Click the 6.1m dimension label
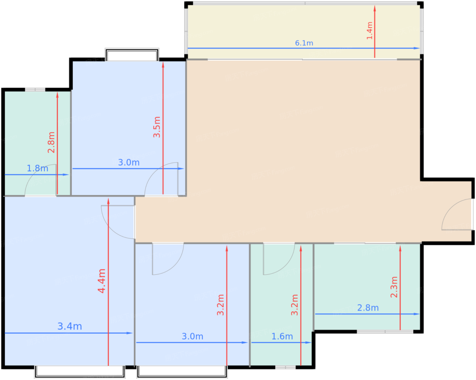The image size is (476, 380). (304, 43)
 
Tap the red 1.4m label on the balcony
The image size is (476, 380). (369, 31)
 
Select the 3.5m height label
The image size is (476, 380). (157, 127)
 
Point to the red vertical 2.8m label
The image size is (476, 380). (51, 142)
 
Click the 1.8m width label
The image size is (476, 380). (37, 168)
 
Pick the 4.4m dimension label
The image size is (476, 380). (102, 281)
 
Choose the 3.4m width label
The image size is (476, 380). (70, 326)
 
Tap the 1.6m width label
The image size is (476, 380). (282, 336)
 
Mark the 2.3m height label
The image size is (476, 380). (394, 287)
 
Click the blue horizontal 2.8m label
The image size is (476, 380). (368, 308)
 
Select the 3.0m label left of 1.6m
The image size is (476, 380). (192, 336)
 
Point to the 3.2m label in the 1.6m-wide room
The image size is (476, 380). (294, 305)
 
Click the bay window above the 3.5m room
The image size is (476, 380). (132, 54)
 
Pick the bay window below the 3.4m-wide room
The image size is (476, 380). (80, 372)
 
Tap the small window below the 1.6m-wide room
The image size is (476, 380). (285, 367)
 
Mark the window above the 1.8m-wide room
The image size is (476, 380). (35, 90)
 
